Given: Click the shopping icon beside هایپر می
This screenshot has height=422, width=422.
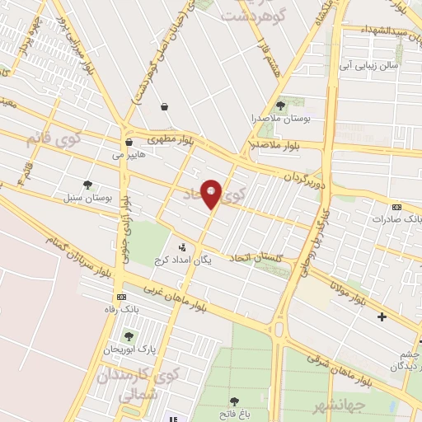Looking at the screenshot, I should (128, 143).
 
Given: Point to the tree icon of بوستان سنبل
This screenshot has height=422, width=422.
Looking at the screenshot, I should (87, 185).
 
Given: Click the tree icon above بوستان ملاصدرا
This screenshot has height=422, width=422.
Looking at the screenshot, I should (280, 105).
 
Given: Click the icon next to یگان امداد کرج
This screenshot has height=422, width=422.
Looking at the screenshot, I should (181, 246).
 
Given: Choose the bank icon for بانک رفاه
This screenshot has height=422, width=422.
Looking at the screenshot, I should (122, 297).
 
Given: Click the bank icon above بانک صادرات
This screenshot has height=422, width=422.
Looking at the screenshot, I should (396, 207).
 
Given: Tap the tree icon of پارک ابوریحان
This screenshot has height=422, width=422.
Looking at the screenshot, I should (128, 336).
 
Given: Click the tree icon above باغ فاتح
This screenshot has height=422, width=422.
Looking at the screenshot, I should (234, 401).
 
